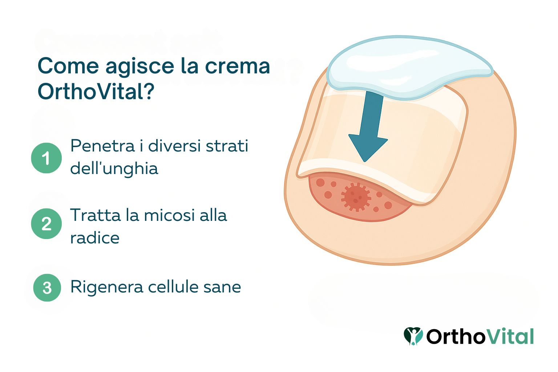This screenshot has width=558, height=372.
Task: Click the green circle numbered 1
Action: click(x=46, y=158)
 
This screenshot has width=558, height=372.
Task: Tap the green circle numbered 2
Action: click(x=46, y=223)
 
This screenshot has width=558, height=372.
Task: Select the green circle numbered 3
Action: click(x=47, y=288)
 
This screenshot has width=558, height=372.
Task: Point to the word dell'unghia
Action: click(x=114, y=168)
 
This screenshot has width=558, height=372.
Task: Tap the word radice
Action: click(x=95, y=238)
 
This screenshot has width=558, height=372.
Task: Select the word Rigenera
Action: click(x=106, y=287)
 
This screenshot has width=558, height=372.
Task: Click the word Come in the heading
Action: click(x=68, y=66)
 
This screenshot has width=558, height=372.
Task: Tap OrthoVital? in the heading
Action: click(x=96, y=92)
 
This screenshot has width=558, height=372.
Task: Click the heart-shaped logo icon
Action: click(x=413, y=336)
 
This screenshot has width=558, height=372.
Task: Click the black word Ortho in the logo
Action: click(x=456, y=336)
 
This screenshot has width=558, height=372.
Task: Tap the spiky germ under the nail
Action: click(x=356, y=197)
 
